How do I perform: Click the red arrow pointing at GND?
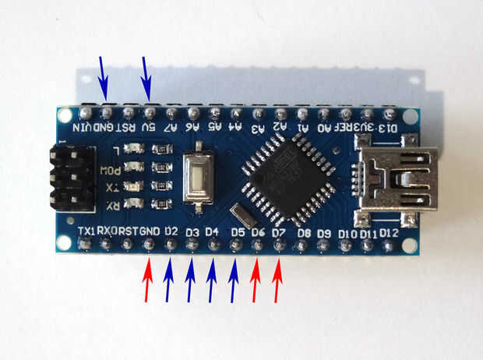click(148, 282)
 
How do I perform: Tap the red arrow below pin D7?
click(279, 282)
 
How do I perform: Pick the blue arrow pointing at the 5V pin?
click(146, 77)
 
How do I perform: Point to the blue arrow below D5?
click(234, 282)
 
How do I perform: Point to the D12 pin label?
click(389, 233)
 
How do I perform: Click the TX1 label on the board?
click(88, 231)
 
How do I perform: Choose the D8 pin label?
click(304, 233)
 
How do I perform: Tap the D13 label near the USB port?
click(386, 127)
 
